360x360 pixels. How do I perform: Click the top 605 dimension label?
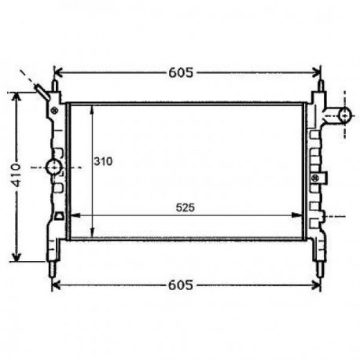click(x=180, y=73)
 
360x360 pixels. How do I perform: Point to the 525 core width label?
click(x=185, y=208)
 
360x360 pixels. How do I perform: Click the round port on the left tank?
click(x=53, y=167)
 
